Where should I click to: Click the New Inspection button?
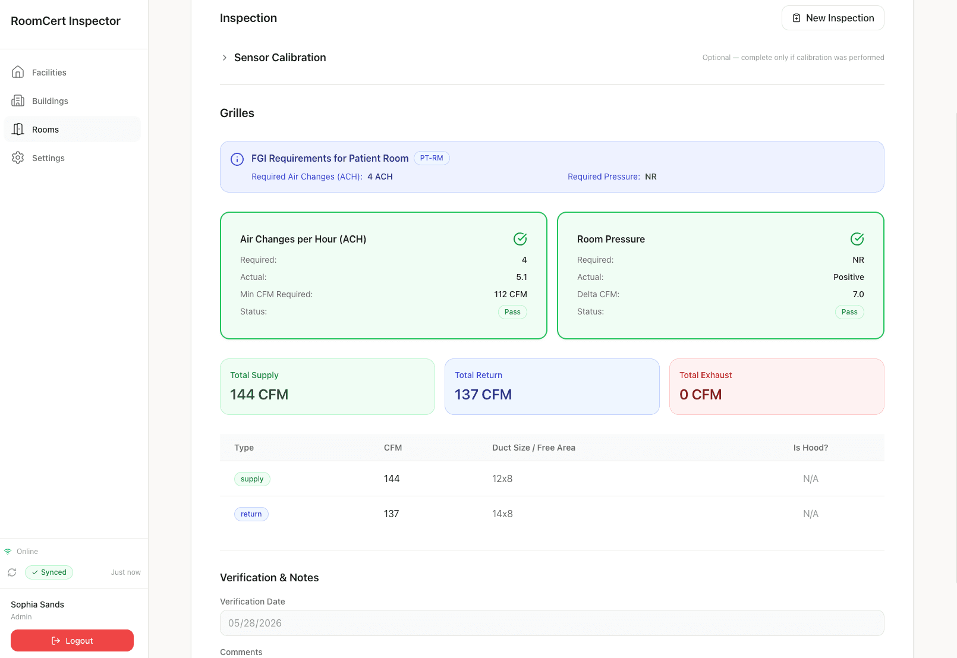click(x=833, y=18)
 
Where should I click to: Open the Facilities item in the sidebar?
click(x=49, y=72)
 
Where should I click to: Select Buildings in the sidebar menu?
click(x=50, y=101)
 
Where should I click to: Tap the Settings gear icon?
click(x=18, y=158)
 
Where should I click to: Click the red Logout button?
click(x=72, y=640)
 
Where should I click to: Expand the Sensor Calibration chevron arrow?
click(x=224, y=58)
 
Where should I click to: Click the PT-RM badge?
click(x=432, y=158)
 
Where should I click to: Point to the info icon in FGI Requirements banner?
click(x=237, y=159)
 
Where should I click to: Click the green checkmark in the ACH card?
click(x=520, y=239)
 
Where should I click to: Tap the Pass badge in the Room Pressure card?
click(x=849, y=312)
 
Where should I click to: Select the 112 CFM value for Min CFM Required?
click(x=511, y=294)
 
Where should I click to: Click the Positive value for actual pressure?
click(x=848, y=277)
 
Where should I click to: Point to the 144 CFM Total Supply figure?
click(x=259, y=394)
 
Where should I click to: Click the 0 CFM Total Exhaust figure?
click(x=701, y=394)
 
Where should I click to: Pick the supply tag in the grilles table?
click(x=252, y=479)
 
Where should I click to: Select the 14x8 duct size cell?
click(x=502, y=514)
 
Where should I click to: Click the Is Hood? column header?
click(x=810, y=448)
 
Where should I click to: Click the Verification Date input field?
click(x=552, y=623)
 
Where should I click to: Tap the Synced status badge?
click(x=49, y=572)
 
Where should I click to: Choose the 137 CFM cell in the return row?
click(x=391, y=514)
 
